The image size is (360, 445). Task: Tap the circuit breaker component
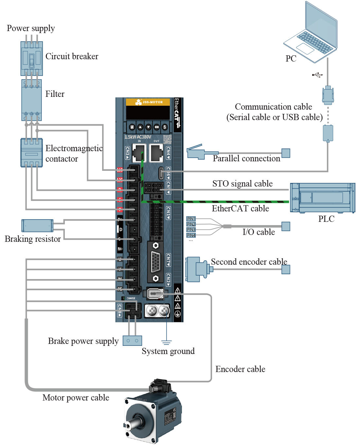[x=31, y=59]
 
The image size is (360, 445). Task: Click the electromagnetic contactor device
[x=31, y=152]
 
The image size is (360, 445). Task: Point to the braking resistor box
[x=37, y=225]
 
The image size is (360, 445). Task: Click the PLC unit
[x=322, y=198]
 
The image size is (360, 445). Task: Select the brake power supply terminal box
[x=132, y=341]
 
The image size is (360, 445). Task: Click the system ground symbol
[x=167, y=343]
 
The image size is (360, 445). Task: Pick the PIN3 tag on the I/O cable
[x=191, y=230]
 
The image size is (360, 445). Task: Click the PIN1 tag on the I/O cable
[x=191, y=219]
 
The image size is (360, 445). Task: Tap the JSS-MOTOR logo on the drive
[x=148, y=102]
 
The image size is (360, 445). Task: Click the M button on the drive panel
[x=132, y=127]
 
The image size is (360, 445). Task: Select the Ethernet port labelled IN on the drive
[x=139, y=153]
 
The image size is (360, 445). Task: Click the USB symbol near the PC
[x=317, y=75]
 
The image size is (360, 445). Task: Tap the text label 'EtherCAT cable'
[x=240, y=208]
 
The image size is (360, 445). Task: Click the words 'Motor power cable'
[x=76, y=398]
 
